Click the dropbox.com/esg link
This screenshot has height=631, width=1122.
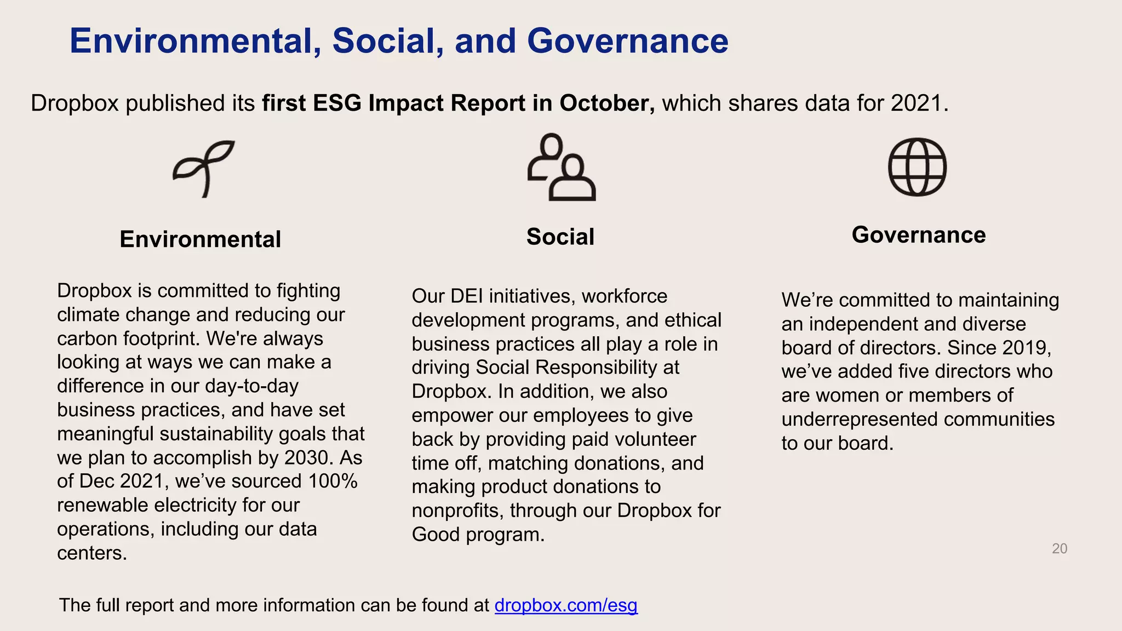[x=566, y=605]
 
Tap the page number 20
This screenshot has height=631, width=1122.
[x=1060, y=548]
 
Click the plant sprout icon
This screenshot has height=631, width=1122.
[x=204, y=168]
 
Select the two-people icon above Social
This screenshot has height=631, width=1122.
[x=561, y=167]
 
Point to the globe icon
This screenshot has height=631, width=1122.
[x=917, y=167]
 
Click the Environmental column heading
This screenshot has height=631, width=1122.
[x=201, y=239]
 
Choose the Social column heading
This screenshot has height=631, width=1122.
[x=560, y=237]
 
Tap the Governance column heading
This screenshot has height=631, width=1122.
[x=919, y=235]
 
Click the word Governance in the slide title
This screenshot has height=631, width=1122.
[x=627, y=41]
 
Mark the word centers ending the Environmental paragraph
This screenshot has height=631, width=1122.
[x=91, y=553]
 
